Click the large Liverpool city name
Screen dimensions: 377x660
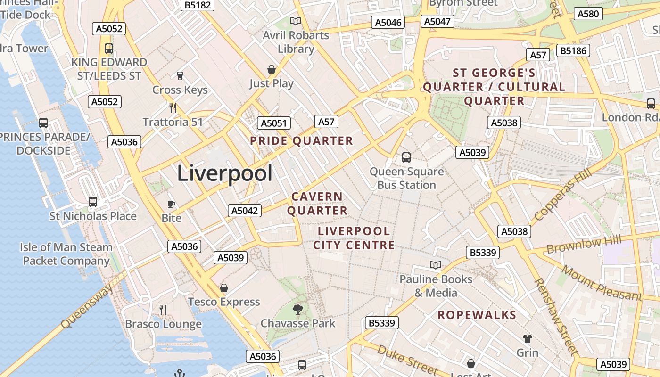224,173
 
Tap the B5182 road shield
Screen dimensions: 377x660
198,5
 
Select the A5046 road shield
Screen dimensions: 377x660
389,23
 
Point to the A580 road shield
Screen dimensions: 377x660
588,14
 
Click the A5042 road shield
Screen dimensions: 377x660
245,211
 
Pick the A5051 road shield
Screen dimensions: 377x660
273,123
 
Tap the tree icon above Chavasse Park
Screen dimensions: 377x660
297,309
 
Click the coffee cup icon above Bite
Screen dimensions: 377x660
171,204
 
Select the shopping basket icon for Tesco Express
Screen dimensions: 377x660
224,287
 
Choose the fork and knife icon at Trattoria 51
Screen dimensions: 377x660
173,107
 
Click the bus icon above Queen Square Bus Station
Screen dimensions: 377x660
406,157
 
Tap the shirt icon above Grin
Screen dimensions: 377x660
527,338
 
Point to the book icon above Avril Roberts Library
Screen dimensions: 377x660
296,21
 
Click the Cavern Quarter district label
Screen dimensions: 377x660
317,204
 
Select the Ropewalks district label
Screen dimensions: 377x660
477,315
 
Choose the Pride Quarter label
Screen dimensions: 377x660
301,141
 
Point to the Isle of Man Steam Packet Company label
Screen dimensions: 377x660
66,254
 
